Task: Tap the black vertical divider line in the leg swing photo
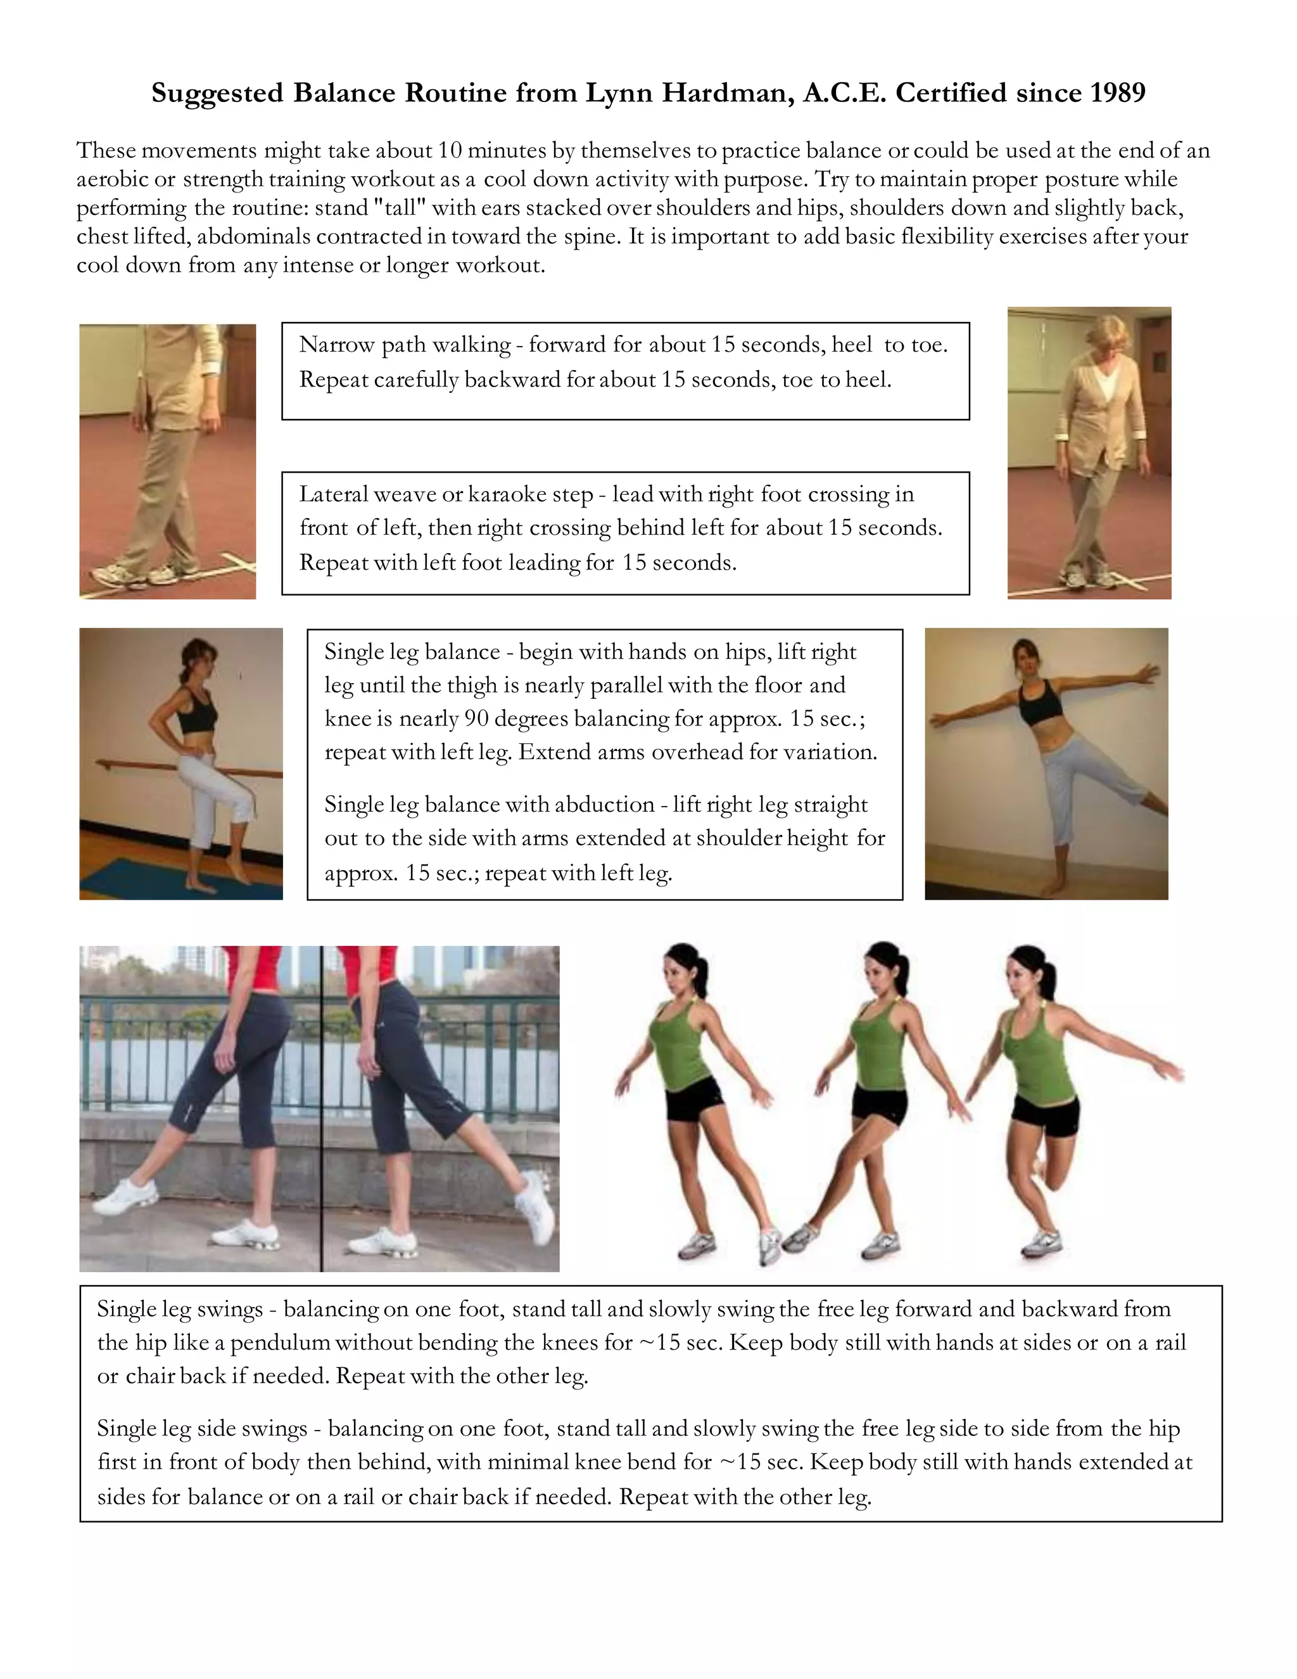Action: pos(321,1107)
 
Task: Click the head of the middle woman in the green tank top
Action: pos(884,969)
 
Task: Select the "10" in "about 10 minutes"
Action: pos(450,151)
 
